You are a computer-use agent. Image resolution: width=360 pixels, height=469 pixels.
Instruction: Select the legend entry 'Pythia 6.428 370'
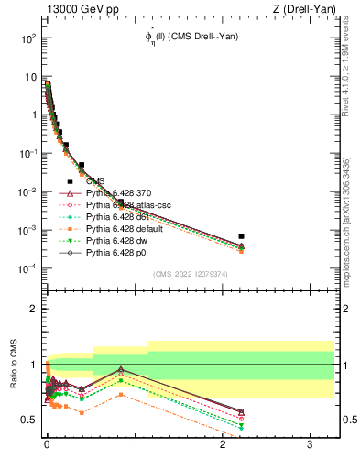[x=119, y=193]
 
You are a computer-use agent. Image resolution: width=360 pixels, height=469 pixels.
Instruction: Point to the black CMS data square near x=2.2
[x=241, y=236]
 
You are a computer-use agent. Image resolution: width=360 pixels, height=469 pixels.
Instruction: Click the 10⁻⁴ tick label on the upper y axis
[x=28, y=268]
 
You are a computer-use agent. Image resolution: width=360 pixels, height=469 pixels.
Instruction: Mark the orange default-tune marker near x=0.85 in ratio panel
[x=121, y=395]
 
